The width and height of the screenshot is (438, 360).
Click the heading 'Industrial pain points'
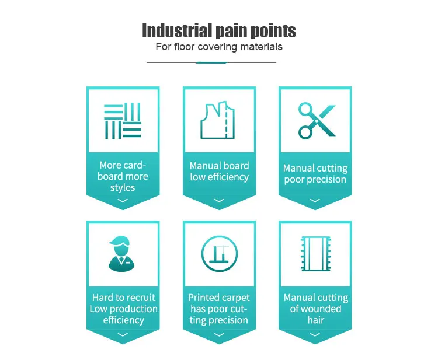[x=219, y=30]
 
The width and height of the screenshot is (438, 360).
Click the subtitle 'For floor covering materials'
[x=219, y=47]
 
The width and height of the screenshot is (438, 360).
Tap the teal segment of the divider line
[x=211, y=62]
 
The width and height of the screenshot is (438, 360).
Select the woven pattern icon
[x=123, y=121]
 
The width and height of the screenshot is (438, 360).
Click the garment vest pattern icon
[x=218, y=120]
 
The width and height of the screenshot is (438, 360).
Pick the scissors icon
[x=317, y=121]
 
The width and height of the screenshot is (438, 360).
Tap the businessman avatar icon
[x=121, y=254]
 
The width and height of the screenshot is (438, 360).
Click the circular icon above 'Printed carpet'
[x=219, y=254]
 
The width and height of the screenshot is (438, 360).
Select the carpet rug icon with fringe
[x=316, y=254]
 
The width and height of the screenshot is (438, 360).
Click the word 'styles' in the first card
[x=123, y=188]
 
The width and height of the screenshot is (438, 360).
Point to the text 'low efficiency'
[x=219, y=177]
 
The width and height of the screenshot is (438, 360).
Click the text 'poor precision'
[x=315, y=180]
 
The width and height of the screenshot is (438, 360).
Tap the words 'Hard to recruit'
[x=123, y=298]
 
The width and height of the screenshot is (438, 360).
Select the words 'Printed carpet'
[x=219, y=298]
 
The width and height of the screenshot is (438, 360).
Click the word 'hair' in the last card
[x=316, y=320]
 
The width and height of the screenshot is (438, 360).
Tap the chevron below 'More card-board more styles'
[x=123, y=200]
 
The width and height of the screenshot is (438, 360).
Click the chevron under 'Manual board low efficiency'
[x=219, y=200]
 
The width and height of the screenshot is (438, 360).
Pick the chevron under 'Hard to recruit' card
[x=123, y=334]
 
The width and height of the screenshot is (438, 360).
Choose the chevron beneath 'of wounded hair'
[x=315, y=334]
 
